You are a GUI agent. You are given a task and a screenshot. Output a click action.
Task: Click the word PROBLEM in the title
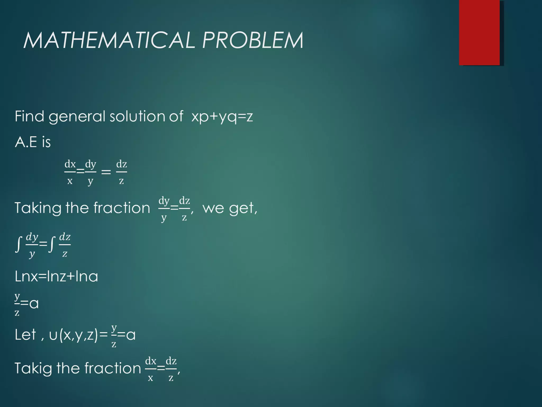(x=252, y=40)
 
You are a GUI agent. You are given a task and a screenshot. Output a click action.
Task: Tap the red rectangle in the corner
(x=479, y=32)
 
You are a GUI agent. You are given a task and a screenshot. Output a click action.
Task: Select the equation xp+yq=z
(x=222, y=117)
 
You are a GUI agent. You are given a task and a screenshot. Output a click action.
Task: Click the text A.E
(x=26, y=142)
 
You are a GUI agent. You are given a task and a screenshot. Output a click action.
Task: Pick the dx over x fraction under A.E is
(x=70, y=172)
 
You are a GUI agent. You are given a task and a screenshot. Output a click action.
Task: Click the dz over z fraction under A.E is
(x=121, y=172)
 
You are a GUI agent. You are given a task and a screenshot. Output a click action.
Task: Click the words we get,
(x=230, y=208)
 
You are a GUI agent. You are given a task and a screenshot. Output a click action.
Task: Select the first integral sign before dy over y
(x=18, y=244)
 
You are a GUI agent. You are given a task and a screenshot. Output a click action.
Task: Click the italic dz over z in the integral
(x=65, y=245)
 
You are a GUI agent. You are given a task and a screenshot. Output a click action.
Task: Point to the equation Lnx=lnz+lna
(x=56, y=276)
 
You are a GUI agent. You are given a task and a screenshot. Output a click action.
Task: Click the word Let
(x=25, y=334)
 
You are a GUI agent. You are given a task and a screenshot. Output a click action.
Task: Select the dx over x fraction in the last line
(x=151, y=369)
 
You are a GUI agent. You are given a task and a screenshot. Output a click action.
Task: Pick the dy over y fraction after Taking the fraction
(x=164, y=209)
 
